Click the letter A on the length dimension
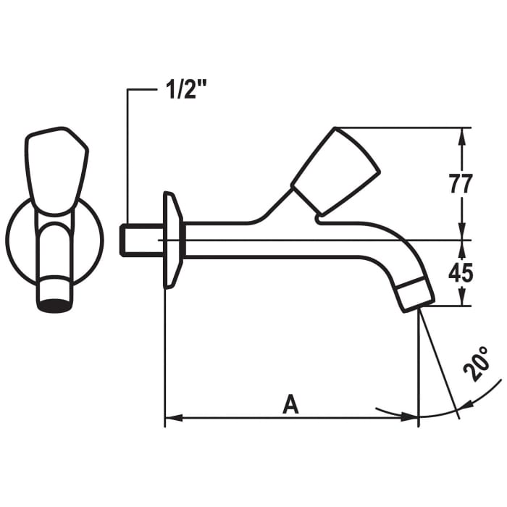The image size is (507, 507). click(x=290, y=404)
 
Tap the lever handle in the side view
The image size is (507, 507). click(x=335, y=172)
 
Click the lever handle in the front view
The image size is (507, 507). click(x=56, y=170)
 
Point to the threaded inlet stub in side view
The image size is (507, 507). click(x=138, y=240)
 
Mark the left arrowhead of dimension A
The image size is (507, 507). click(x=171, y=417)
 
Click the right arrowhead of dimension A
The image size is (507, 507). click(x=412, y=417)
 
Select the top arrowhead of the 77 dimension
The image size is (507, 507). click(x=461, y=134)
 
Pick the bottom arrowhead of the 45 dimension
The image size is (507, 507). click(x=461, y=300)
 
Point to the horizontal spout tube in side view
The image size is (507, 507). click(x=290, y=240)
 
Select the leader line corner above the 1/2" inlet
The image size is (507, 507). click(x=128, y=91)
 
